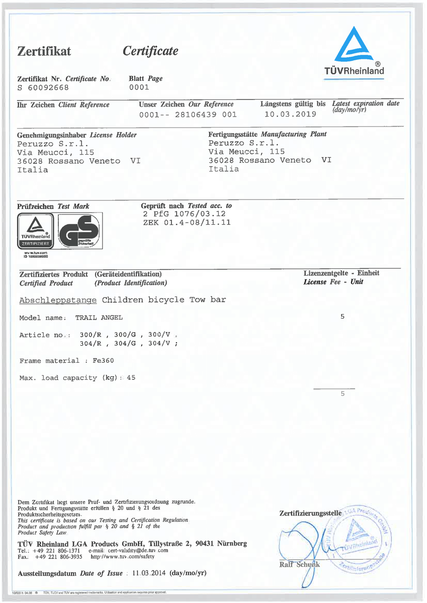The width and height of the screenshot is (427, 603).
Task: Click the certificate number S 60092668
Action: coord(43,87)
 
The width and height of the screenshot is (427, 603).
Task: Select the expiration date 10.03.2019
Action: coord(290,114)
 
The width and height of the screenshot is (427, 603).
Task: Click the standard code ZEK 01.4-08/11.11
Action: coord(187,222)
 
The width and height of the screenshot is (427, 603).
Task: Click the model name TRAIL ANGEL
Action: coord(99,318)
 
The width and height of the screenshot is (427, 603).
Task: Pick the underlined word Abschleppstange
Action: coord(58,300)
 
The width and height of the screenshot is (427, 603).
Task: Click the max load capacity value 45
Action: coord(131,378)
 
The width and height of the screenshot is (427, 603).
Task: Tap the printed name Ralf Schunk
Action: coord(299,564)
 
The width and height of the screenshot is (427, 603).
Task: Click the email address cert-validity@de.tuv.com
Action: coord(135,551)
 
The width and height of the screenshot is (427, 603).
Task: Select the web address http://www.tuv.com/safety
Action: coord(122,557)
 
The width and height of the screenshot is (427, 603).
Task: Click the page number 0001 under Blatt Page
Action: coord(139,87)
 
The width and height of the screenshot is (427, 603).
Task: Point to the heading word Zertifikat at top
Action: coord(44,51)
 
